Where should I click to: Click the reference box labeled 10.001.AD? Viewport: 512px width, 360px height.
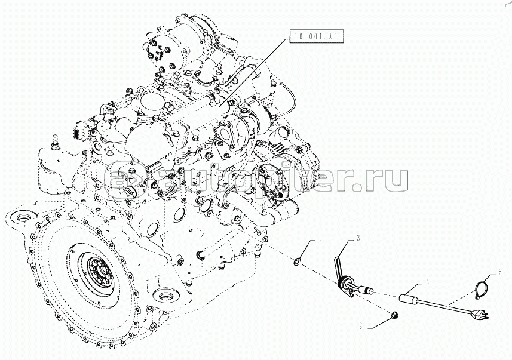317,36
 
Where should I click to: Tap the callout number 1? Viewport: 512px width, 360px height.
320,239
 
